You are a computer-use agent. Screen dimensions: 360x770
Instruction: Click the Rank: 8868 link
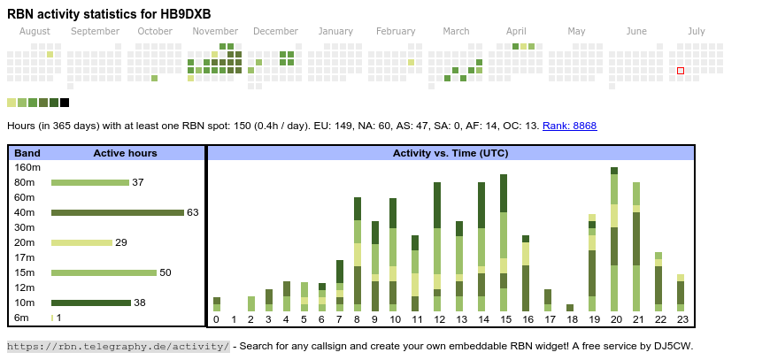[x=569, y=126]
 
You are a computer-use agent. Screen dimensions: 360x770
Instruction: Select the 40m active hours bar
[x=117, y=212]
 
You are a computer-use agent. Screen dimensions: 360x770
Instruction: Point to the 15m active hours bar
[x=104, y=272]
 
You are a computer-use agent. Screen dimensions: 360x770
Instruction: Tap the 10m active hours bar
[x=90, y=303]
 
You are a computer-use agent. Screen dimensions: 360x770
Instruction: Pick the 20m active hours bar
[x=81, y=242]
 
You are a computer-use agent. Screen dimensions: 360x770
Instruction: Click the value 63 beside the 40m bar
[x=193, y=212]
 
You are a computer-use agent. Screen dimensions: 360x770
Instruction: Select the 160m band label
[x=27, y=167]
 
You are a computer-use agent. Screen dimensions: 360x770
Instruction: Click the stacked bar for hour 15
[x=504, y=242]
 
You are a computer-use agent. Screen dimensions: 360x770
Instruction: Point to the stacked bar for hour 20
[x=614, y=239]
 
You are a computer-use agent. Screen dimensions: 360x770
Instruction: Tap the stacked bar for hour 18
[x=570, y=308]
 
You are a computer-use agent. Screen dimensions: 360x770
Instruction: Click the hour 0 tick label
[x=216, y=319]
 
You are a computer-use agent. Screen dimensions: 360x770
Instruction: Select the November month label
[x=215, y=31]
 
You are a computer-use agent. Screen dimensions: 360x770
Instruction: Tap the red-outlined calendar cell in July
[x=681, y=71]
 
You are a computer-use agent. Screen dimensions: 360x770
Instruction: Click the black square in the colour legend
[x=65, y=103]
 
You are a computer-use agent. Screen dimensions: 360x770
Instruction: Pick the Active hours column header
[x=125, y=153]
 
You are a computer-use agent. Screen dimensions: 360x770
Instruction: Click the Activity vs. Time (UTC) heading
[x=450, y=153]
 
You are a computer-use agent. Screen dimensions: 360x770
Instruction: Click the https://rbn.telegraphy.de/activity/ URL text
[x=119, y=346]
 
